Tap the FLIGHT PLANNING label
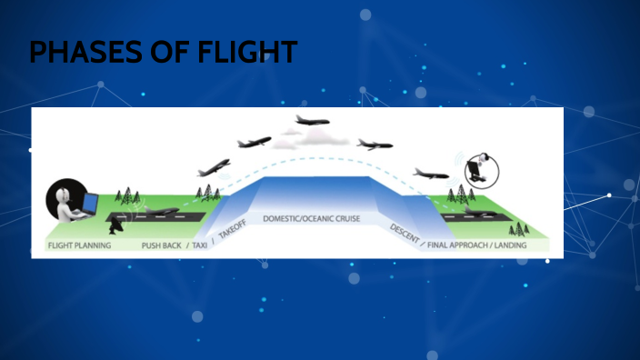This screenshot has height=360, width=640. pyautogui.click(x=79, y=245)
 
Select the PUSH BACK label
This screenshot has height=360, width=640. pyautogui.click(x=162, y=245)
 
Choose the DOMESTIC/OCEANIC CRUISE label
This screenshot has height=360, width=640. pyautogui.click(x=312, y=219)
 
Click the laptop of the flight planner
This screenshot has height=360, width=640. pyautogui.click(x=90, y=205)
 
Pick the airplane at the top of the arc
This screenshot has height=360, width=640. pyautogui.click(x=313, y=120)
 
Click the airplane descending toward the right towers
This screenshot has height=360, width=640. pyautogui.click(x=430, y=173)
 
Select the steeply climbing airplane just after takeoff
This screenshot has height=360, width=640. pyautogui.click(x=213, y=168)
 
